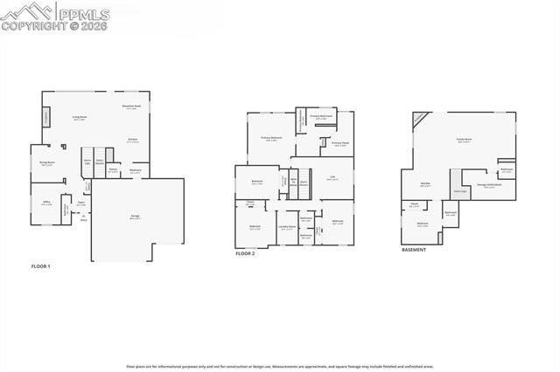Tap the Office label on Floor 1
46,203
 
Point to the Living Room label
79,117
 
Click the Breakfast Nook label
131,107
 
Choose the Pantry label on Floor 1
113,171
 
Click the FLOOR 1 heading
41,266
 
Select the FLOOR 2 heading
246,253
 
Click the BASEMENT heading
414,250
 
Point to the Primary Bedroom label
271,138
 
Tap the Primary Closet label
340,143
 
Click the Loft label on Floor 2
332,178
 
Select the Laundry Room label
287,228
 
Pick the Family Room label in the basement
464,140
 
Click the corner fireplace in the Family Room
421,119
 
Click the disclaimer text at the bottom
279,367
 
